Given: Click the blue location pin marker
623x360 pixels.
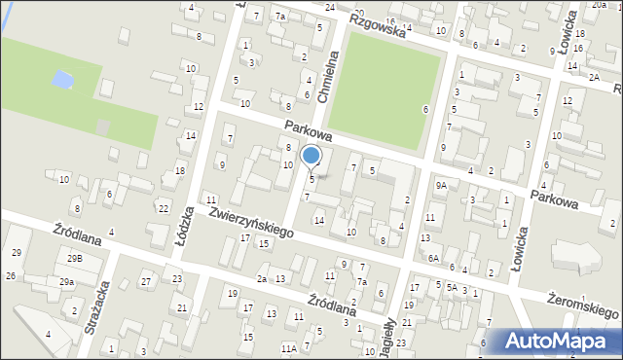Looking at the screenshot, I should (311, 156).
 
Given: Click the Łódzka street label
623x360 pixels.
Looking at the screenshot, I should (187, 226).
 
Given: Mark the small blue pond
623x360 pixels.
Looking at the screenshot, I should (62, 78).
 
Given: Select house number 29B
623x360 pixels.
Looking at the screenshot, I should (75, 259).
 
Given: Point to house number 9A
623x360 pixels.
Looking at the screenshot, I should (441, 185).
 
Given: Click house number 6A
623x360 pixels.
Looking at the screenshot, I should (433, 259).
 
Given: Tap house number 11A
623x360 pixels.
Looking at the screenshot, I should (288, 348).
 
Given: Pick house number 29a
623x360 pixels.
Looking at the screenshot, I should (66, 282).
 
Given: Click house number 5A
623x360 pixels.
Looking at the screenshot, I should (452, 287).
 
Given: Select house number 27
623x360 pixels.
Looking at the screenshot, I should (145, 282).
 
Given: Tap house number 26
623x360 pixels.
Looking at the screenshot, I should (10, 276).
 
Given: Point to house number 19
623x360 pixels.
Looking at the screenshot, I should (232, 293).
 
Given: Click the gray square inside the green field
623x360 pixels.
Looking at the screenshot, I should (102, 126).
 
